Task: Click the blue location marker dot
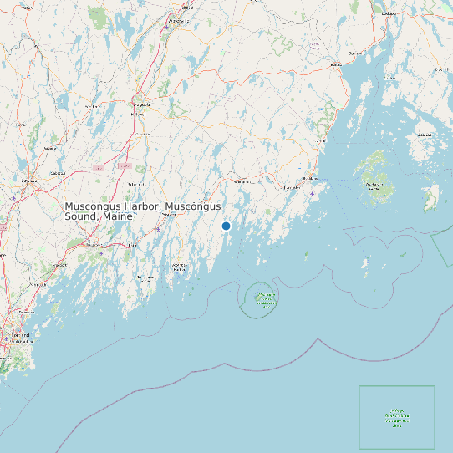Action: point(226,226)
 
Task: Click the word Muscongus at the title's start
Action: point(93,206)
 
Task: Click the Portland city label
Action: point(20,336)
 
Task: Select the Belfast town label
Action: point(336,64)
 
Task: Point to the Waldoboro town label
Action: point(242,181)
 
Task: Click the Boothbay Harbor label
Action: point(179,268)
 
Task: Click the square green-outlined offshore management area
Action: point(397,417)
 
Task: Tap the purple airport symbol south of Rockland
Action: point(312,194)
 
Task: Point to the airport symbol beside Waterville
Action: point(165,27)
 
